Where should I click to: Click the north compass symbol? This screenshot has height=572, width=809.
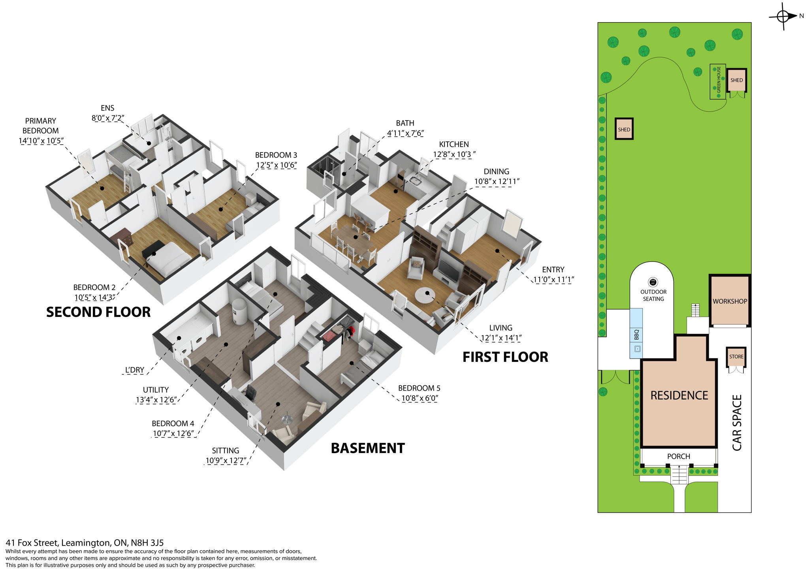[x=783, y=16]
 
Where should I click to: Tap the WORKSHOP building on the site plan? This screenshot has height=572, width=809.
[x=730, y=301]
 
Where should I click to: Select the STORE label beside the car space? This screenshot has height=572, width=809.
[x=736, y=356]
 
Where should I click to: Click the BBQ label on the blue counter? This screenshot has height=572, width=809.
[x=636, y=335]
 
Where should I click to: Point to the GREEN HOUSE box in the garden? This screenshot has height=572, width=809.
[x=718, y=81]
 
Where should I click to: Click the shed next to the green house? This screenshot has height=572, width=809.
[x=736, y=80]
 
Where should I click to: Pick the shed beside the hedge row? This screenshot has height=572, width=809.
[x=624, y=129]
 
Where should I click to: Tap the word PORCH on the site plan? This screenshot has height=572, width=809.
[x=678, y=456]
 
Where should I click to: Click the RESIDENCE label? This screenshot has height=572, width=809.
[x=679, y=395]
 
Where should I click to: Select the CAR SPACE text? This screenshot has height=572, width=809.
[x=737, y=422]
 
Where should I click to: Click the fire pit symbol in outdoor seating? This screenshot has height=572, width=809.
[x=653, y=282]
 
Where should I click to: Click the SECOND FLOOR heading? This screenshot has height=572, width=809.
[x=98, y=312]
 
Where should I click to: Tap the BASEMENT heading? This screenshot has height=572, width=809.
[x=367, y=448]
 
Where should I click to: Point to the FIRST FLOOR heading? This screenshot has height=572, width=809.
[x=505, y=357]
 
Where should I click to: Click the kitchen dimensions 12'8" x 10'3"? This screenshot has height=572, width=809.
[x=454, y=154]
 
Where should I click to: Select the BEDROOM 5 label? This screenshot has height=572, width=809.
[x=419, y=388]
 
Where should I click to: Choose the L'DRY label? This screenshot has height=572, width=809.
[x=134, y=370]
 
